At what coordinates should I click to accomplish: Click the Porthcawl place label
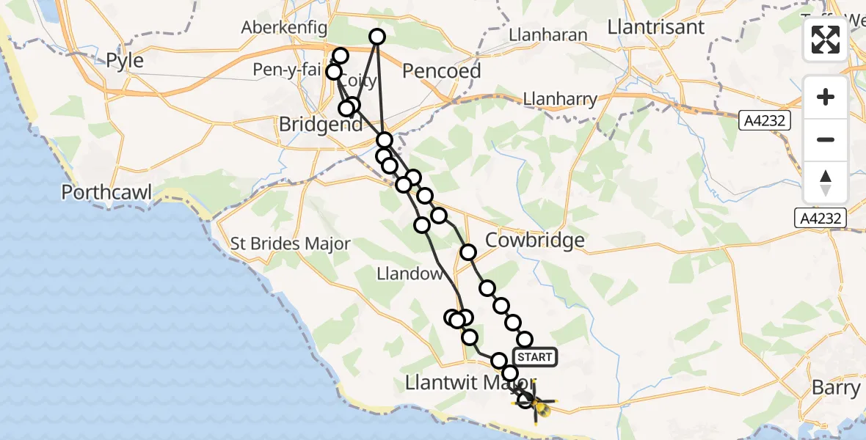click(106, 193)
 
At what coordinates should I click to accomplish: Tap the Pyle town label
click(125, 60)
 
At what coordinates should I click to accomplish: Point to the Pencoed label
click(442, 71)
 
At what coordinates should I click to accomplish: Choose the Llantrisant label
click(656, 27)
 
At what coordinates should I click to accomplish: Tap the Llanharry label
click(561, 98)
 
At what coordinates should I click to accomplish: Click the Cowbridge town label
click(535, 240)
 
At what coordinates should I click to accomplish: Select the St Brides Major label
click(291, 243)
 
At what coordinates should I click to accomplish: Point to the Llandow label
click(409, 274)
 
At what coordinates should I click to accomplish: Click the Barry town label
click(835, 387)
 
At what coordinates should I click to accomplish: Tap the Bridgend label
click(321, 125)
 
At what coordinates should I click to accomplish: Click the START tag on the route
click(535, 357)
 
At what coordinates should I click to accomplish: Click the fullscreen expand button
click(826, 40)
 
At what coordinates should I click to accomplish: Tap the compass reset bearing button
click(826, 183)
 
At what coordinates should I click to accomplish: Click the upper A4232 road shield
click(764, 120)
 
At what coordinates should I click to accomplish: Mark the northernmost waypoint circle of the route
click(376, 37)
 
